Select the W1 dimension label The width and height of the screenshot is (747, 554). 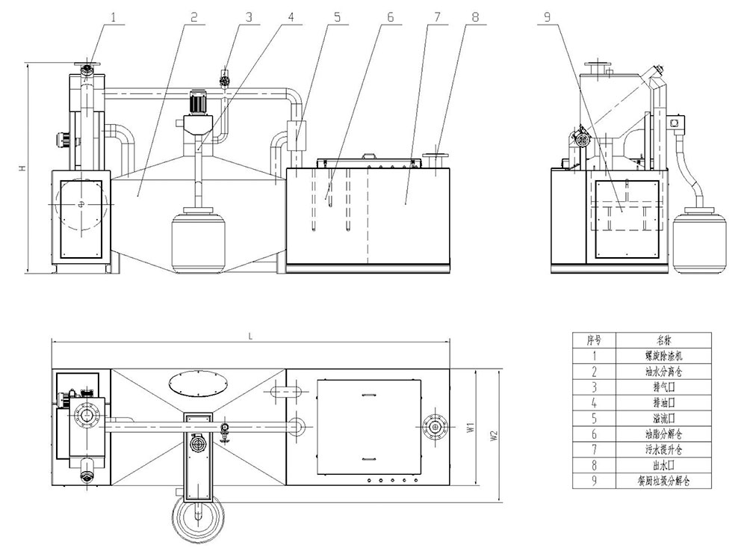click(470, 428)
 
